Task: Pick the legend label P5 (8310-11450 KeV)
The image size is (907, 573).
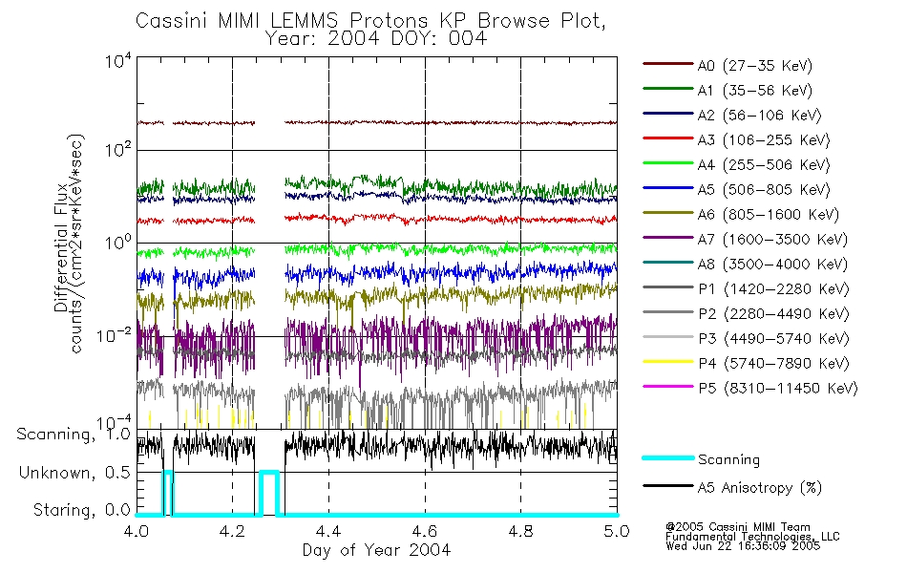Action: tap(777, 389)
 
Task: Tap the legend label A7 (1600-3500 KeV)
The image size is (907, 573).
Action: tap(771, 240)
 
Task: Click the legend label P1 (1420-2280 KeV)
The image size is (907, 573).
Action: tap(771, 289)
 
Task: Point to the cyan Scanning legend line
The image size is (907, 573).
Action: tap(666, 459)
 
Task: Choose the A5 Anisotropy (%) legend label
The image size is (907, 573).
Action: tap(760, 488)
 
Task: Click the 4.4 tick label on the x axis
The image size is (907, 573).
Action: tap(328, 531)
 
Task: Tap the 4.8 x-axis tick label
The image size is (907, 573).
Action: tap(520, 531)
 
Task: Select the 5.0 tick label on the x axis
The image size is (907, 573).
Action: tap(616, 531)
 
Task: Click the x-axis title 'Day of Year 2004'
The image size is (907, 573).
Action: tap(376, 551)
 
